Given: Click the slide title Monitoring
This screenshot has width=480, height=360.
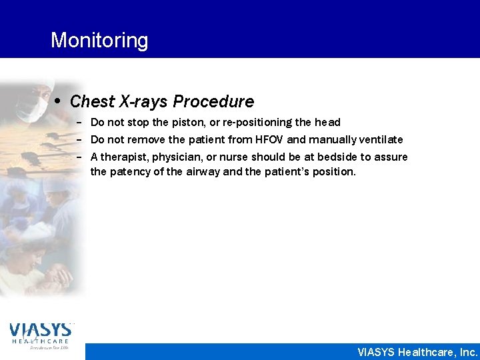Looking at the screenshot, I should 99,40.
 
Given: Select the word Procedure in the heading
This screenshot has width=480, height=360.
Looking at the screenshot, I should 213,102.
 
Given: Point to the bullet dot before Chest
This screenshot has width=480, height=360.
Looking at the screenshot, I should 59,102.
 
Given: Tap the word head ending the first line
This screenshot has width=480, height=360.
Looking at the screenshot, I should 327,123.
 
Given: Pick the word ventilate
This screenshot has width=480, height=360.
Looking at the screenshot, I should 380,140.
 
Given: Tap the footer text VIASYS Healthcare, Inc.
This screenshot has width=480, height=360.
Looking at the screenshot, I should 417,352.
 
